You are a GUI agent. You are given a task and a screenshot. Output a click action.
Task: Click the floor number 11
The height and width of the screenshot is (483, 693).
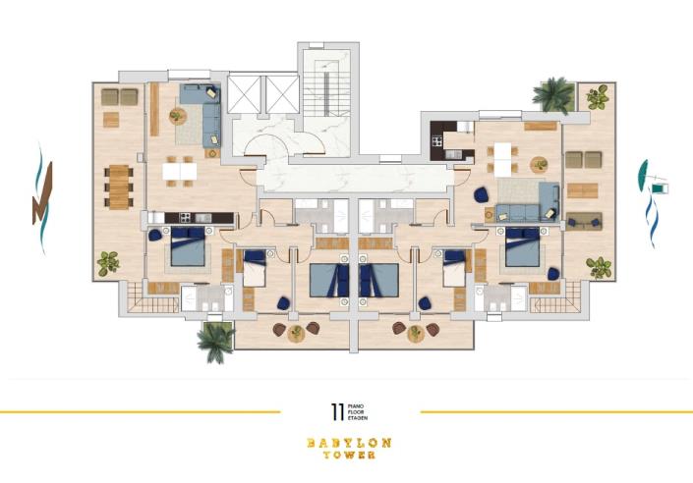pyautogui.click(x=337, y=410)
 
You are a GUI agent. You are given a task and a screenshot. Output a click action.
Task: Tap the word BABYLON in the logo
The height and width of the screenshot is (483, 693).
pyautogui.click(x=348, y=443)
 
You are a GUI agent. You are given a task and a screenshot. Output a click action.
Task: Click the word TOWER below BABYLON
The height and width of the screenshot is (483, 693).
pyautogui.click(x=348, y=456)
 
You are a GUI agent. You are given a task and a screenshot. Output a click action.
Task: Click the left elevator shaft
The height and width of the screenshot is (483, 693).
pyautogui.click(x=245, y=94)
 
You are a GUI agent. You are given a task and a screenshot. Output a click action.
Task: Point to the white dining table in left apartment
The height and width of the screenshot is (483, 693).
pyautogui.click(x=180, y=171)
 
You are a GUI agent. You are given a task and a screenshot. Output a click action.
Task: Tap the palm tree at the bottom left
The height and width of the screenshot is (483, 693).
pyautogui.click(x=214, y=339)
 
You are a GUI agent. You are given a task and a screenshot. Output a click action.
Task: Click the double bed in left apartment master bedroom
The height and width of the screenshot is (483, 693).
pyautogui.click(x=188, y=246)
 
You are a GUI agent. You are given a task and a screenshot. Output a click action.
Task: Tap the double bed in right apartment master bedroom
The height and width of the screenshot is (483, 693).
pyautogui.click(x=521, y=245)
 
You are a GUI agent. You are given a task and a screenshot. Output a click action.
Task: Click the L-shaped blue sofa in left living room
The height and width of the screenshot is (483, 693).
pyautogui.click(x=204, y=111)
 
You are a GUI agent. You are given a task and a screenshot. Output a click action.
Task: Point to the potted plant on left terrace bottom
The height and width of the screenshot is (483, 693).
pyautogui.click(x=108, y=262)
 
